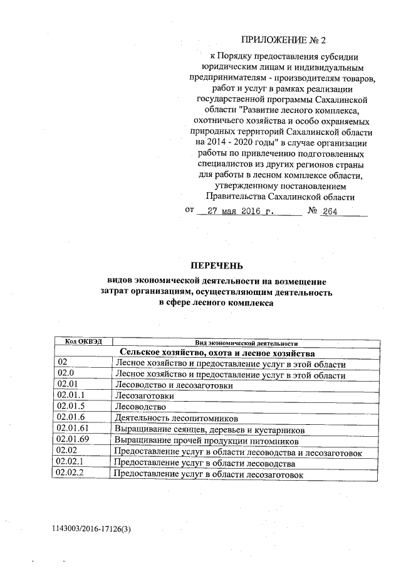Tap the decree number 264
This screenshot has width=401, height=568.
[x=330, y=212]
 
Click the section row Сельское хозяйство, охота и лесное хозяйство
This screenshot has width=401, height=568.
[x=217, y=353]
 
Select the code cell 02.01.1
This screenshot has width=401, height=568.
[x=70, y=396]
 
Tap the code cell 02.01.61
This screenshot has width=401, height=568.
[x=72, y=429]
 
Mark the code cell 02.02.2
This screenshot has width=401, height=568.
[x=70, y=474]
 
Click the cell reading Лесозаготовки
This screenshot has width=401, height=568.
[x=143, y=396]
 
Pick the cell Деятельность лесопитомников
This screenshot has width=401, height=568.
[x=176, y=418]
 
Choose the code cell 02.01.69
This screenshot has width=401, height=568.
[x=72, y=441]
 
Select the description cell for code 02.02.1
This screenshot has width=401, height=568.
[x=204, y=463]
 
